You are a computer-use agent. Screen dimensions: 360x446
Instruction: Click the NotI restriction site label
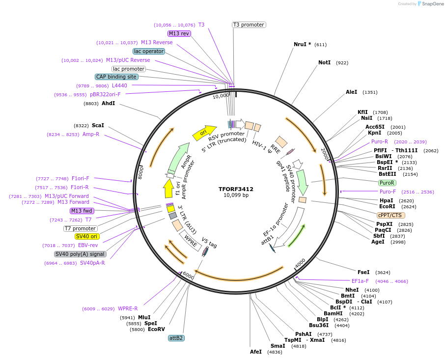pos(324,63)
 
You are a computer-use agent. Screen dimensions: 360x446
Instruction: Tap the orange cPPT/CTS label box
pos(391,215)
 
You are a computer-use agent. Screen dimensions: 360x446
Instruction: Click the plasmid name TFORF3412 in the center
pos(236,189)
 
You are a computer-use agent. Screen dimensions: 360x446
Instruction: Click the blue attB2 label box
pos(176,338)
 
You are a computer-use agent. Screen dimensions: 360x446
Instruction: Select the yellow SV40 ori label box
pos(87,236)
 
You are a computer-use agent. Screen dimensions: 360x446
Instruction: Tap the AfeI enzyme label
pos(256,352)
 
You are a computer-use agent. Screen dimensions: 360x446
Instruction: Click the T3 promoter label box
pos(249,25)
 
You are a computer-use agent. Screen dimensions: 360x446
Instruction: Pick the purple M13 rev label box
pos(179,33)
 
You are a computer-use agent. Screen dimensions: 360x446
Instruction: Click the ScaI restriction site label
pos(98,126)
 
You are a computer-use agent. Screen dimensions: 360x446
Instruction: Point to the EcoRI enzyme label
pos(387,207)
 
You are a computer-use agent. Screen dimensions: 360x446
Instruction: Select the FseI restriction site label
pos(363,272)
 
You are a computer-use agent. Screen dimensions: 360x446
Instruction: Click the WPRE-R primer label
pos(128,309)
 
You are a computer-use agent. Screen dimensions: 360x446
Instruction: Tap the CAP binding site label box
pos(116,77)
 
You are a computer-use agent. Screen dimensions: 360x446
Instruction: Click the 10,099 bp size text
pos(236,195)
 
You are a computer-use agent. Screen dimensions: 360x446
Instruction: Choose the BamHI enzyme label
pos(333,313)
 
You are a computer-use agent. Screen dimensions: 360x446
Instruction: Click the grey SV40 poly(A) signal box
pos(80,254)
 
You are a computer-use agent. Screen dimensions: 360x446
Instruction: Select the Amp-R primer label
pos(91,134)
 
